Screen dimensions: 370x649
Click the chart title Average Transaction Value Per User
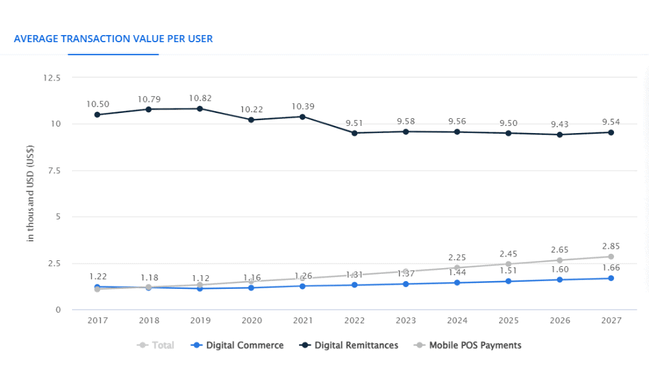click(114, 38)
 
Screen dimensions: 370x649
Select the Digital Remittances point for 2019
click(200, 108)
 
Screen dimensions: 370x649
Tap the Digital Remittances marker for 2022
click(354, 133)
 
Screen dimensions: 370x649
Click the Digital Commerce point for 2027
click(611, 278)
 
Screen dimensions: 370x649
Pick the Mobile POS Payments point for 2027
click(611, 256)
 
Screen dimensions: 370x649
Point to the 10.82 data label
click(200, 98)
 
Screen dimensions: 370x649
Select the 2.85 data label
click(611, 246)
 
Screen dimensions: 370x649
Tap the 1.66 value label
click(611, 267)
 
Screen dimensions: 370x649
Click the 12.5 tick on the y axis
click(51, 78)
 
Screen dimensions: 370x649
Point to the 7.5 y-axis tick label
click(54, 171)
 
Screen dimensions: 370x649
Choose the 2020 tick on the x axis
click(251, 321)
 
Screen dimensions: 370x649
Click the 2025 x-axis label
click(508, 321)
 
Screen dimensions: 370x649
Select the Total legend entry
click(156, 345)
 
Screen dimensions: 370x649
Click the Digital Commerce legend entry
click(238, 345)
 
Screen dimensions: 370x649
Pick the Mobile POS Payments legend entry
click(467, 345)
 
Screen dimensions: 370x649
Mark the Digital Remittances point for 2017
click(97, 115)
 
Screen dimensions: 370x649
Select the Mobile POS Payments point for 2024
click(457, 267)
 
